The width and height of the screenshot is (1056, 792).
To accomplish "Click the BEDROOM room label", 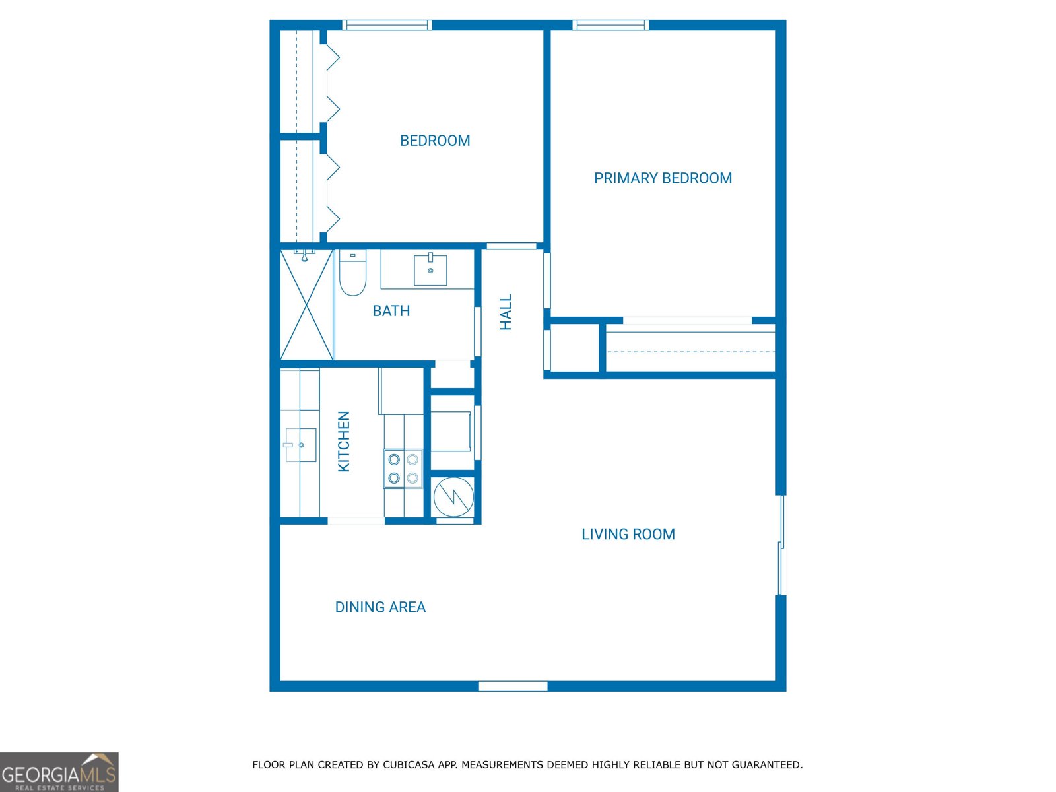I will (435, 141).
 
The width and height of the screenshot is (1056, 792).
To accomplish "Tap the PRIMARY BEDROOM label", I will (663, 178).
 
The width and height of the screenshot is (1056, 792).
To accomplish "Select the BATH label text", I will (391, 311).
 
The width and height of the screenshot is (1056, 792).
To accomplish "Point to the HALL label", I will (506, 312).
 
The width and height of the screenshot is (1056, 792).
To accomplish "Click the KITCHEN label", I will (344, 442).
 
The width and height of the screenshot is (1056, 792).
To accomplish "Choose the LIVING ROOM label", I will (628, 535).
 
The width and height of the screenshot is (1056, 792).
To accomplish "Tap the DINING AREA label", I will (380, 607).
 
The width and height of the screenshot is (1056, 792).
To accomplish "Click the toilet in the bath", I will (352, 273).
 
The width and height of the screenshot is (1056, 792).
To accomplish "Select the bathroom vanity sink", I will (430, 270).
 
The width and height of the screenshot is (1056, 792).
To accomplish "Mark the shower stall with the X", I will (307, 305).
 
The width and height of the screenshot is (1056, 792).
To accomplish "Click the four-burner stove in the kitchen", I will (403, 469).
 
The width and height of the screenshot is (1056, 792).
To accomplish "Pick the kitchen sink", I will (301, 445).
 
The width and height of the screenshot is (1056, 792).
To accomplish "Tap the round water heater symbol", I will (453, 496).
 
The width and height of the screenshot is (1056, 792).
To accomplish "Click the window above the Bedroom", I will (387, 25).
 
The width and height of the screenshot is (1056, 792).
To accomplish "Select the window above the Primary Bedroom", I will (610, 25).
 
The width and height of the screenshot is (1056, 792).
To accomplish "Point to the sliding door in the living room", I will (781, 545).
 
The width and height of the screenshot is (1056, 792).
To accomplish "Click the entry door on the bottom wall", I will (513, 686).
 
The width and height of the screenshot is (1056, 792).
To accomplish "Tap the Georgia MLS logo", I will (59, 772).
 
